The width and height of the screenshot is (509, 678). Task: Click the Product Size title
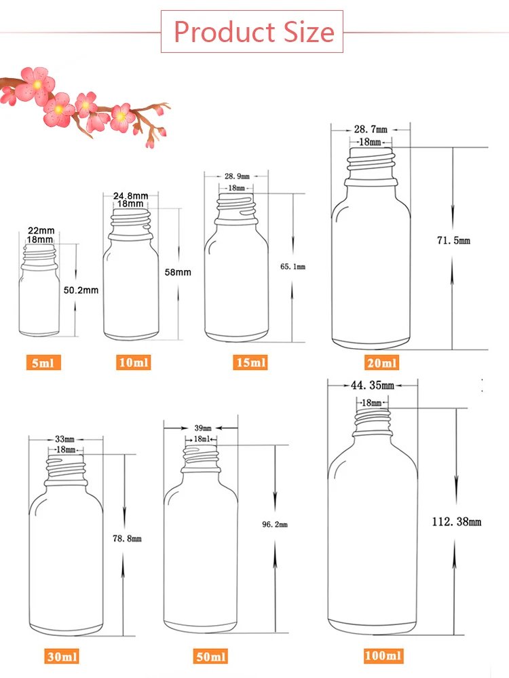[x=253, y=32]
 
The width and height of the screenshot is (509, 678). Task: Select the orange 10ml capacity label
[x=133, y=362]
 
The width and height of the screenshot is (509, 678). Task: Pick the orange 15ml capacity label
[x=250, y=362]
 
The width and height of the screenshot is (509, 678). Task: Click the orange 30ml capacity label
[x=62, y=656]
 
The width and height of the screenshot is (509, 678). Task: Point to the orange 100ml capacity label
[x=383, y=656]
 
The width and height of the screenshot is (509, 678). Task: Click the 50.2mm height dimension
[x=81, y=290]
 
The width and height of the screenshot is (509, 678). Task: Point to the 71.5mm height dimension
[x=454, y=241]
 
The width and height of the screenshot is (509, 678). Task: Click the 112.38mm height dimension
[x=457, y=521]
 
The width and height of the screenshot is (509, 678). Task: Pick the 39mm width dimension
[x=203, y=428]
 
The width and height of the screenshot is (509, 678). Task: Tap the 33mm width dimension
[x=66, y=439]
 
